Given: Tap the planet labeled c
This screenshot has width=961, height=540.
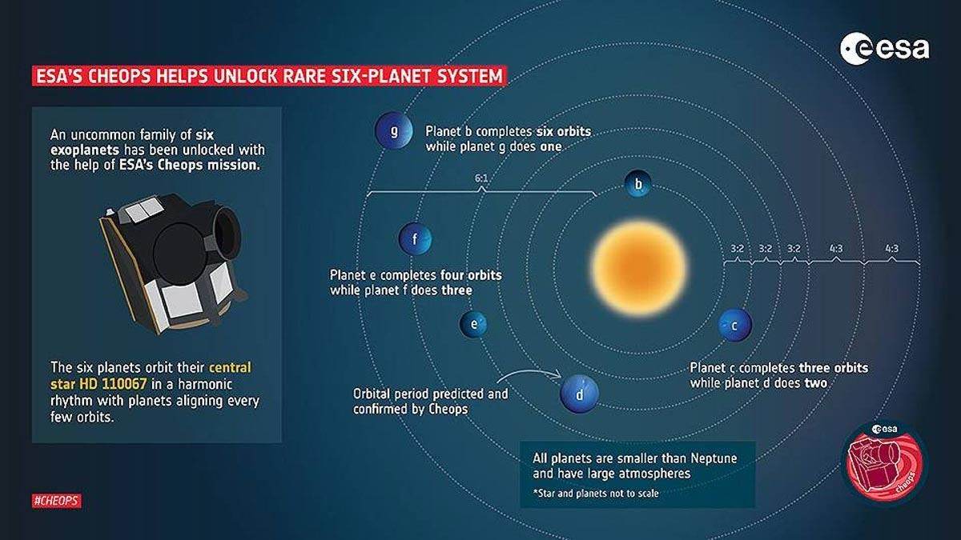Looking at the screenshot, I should point(735,325).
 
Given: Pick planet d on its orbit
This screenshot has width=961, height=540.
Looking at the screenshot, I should point(579,393).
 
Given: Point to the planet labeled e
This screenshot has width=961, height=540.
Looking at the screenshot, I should point(474,324).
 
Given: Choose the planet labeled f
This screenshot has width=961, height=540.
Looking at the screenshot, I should point(416,238).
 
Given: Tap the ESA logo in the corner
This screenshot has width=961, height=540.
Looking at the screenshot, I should point(884,49).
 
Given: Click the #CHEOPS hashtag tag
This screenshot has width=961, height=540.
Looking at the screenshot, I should point(57,501).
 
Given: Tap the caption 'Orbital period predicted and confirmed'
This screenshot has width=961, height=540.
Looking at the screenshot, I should point(430,401).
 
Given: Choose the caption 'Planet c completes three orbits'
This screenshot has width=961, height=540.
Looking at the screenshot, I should point(778,375).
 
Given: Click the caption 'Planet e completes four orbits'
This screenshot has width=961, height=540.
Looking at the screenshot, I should point(416,282).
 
